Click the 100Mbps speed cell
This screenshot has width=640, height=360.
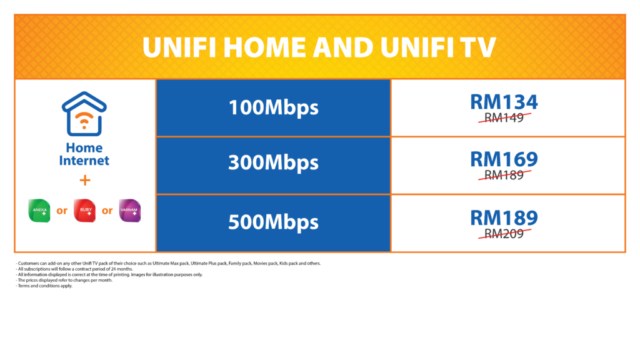(273, 107)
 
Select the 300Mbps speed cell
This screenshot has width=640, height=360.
(273, 165)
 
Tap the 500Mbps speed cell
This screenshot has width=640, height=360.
(273, 223)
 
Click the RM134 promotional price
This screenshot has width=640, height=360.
(504, 102)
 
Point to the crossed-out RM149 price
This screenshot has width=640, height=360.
(504, 117)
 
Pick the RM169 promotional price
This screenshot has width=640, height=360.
(504, 159)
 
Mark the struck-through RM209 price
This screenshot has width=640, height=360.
(504, 234)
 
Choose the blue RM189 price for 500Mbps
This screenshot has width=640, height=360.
(504, 218)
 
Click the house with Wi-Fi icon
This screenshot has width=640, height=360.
(84, 114)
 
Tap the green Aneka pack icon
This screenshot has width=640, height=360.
(39, 211)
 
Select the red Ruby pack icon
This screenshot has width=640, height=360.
(84, 211)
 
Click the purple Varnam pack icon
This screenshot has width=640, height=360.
(130, 211)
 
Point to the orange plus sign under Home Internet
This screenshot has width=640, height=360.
(85, 180)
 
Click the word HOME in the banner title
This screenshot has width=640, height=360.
(264, 47)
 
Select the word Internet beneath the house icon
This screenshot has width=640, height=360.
(84, 161)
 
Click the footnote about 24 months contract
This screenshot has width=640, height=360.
(74, 269)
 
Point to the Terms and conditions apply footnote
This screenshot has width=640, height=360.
(44, 286)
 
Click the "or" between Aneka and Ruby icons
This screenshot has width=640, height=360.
(62, 211)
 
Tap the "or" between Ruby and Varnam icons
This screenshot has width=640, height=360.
(107, 211)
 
